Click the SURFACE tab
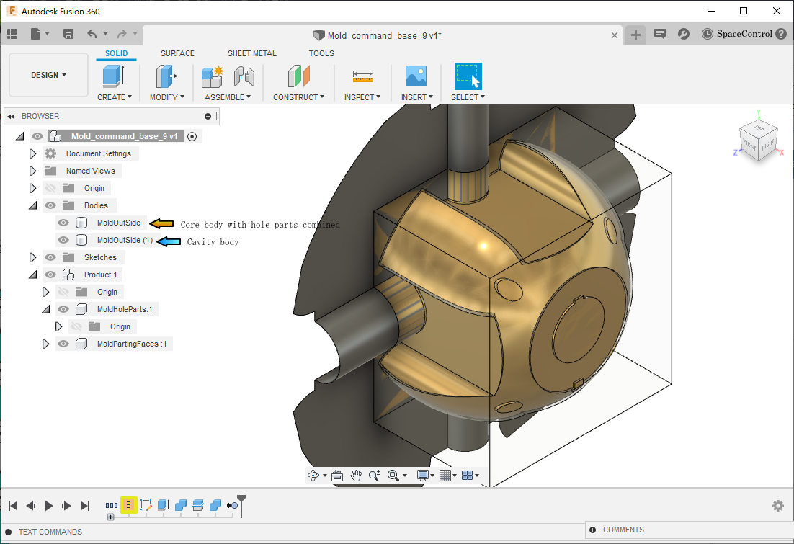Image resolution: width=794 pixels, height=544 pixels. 177,53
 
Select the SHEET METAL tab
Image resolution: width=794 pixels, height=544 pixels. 251,53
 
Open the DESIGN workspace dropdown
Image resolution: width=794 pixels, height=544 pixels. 48,75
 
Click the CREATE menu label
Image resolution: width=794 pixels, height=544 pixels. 114,97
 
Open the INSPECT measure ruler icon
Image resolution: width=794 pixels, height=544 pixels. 362,76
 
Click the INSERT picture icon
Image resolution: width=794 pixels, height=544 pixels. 416,76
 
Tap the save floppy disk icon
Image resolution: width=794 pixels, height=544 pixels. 68,34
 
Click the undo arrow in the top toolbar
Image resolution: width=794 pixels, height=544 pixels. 92,34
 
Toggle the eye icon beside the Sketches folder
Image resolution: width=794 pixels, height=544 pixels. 50,257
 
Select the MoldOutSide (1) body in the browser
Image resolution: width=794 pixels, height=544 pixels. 125,240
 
